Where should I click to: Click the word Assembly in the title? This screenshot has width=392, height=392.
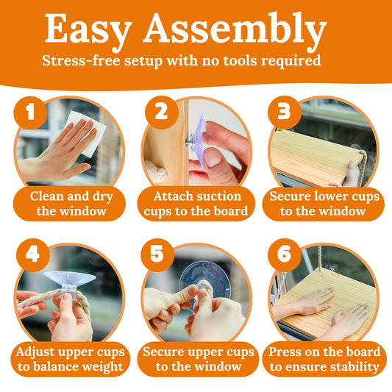[x=235, y=30]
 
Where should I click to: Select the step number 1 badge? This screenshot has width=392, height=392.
[x=30, y=113]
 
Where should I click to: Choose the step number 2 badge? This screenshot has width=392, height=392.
[x=162, y=113]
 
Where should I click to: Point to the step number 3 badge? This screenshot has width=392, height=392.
[x=285, y=113]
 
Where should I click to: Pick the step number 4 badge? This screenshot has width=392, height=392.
[x=33, y=255]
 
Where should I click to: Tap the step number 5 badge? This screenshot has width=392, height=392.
[x=157, y=255]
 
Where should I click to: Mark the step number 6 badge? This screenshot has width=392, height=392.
[x=285, y=255]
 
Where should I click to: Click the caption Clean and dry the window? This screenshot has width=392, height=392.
[x=71, y=204]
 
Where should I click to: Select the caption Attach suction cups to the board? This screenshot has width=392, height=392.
[x=196, y=204]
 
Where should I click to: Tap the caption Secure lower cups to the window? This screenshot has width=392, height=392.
[x=324, y=204]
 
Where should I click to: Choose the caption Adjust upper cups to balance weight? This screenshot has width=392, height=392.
[x=71, y=359]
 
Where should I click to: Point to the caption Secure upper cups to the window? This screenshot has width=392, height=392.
[x=199, y=359]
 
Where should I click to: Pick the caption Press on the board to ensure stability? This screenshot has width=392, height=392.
[x=324, y=359]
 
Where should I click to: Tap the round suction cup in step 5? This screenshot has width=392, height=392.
[x=204, y=280]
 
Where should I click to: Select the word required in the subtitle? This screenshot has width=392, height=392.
[x=291, y=61]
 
